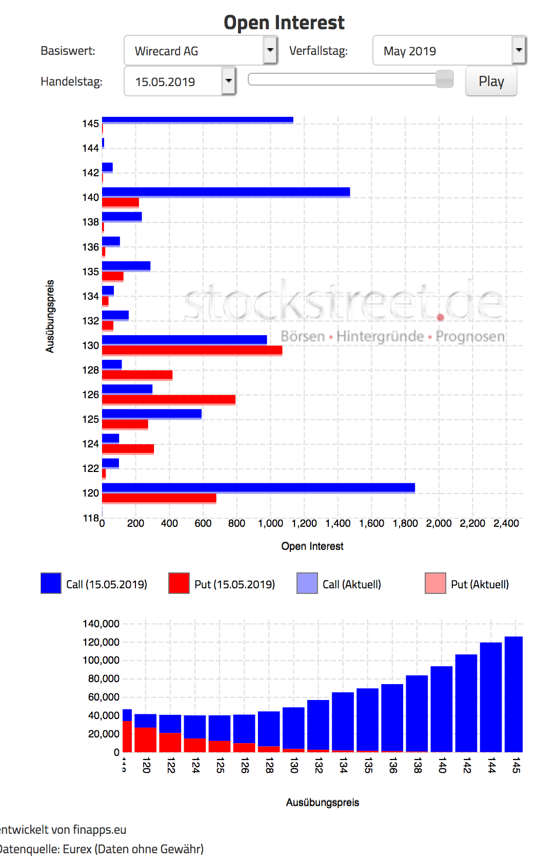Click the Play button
click(491, 81)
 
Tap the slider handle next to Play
click(444, 79)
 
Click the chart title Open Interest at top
click(284, 23)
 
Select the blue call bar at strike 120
click(258, 487)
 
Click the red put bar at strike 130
click(192, 350)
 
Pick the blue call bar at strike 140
click(226, 192)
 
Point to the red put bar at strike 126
click(168, 399)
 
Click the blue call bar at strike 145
click(197, 120)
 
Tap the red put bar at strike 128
click(137, 375)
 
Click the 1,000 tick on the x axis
click(270, 523)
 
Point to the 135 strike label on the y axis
click(91, 272)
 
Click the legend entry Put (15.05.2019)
click(234, 584)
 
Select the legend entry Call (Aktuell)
click(351, 584)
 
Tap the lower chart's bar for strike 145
click(513, 694)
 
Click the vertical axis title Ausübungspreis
click(50, 316)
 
